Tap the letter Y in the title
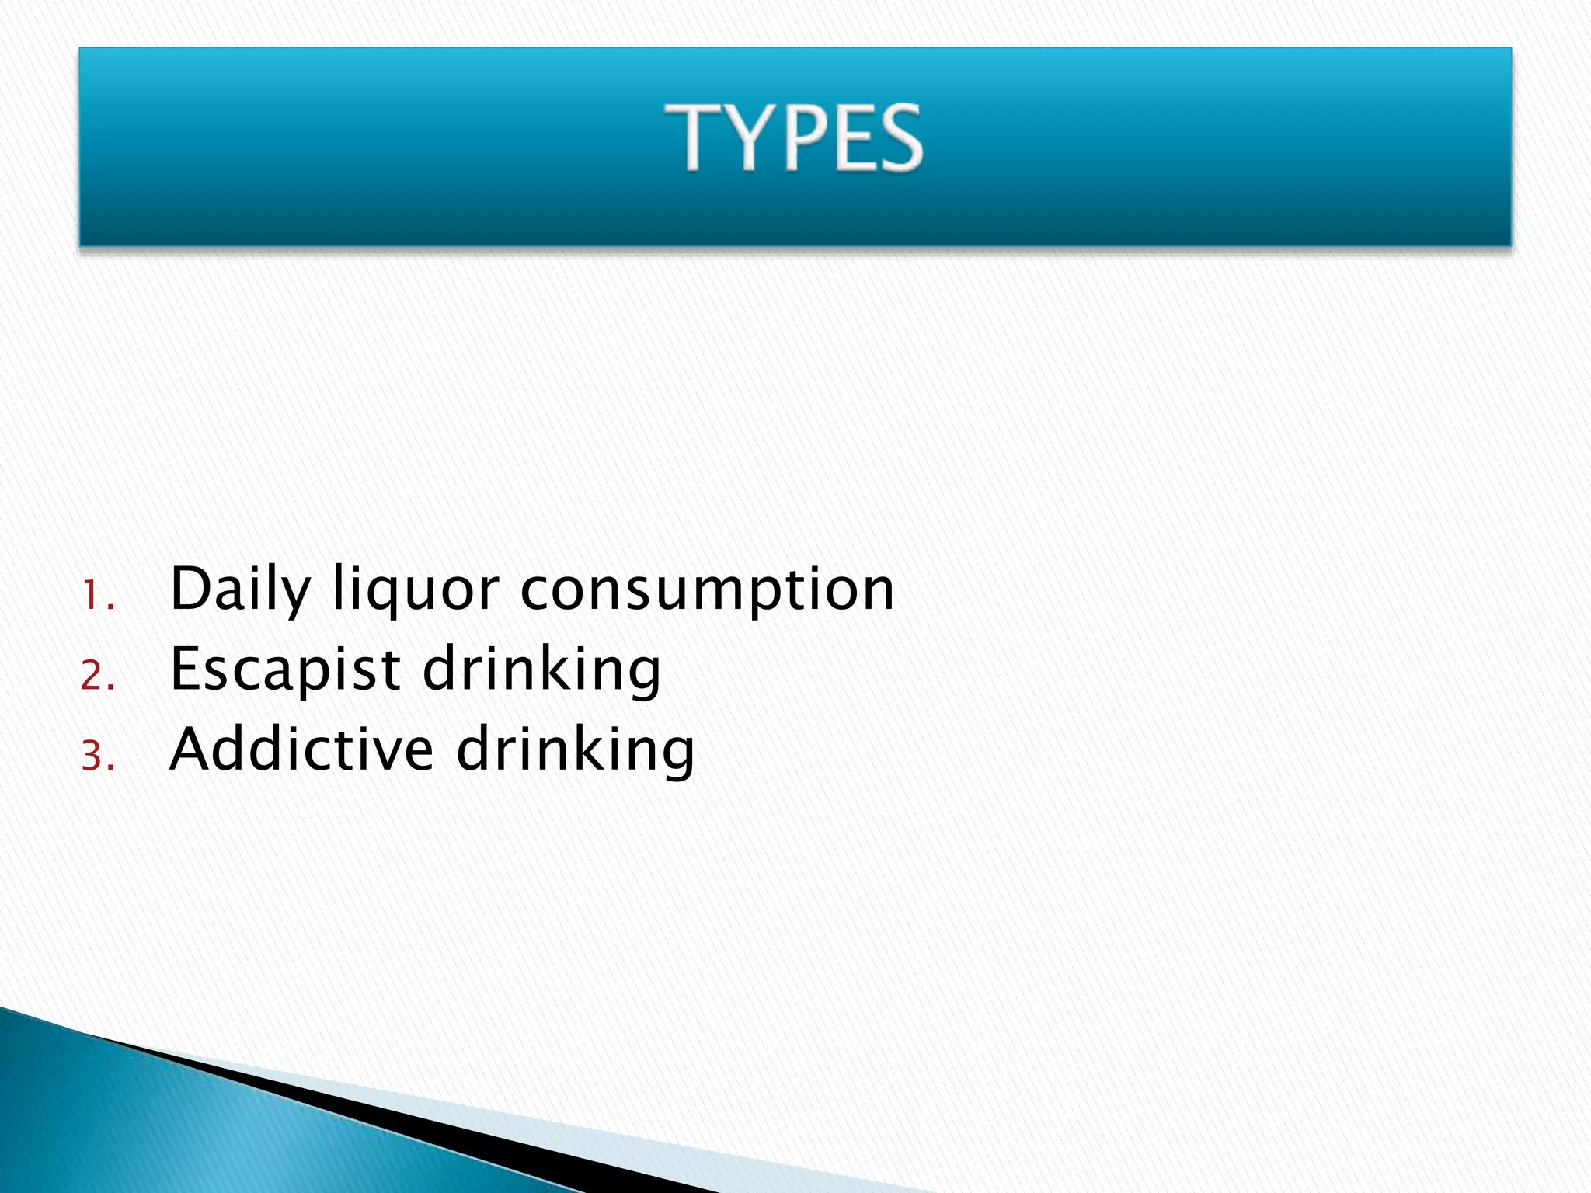[747, 137]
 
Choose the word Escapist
[285, 670]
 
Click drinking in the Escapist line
[541, 670]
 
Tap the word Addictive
[301, 750]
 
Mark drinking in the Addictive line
[575, 750]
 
